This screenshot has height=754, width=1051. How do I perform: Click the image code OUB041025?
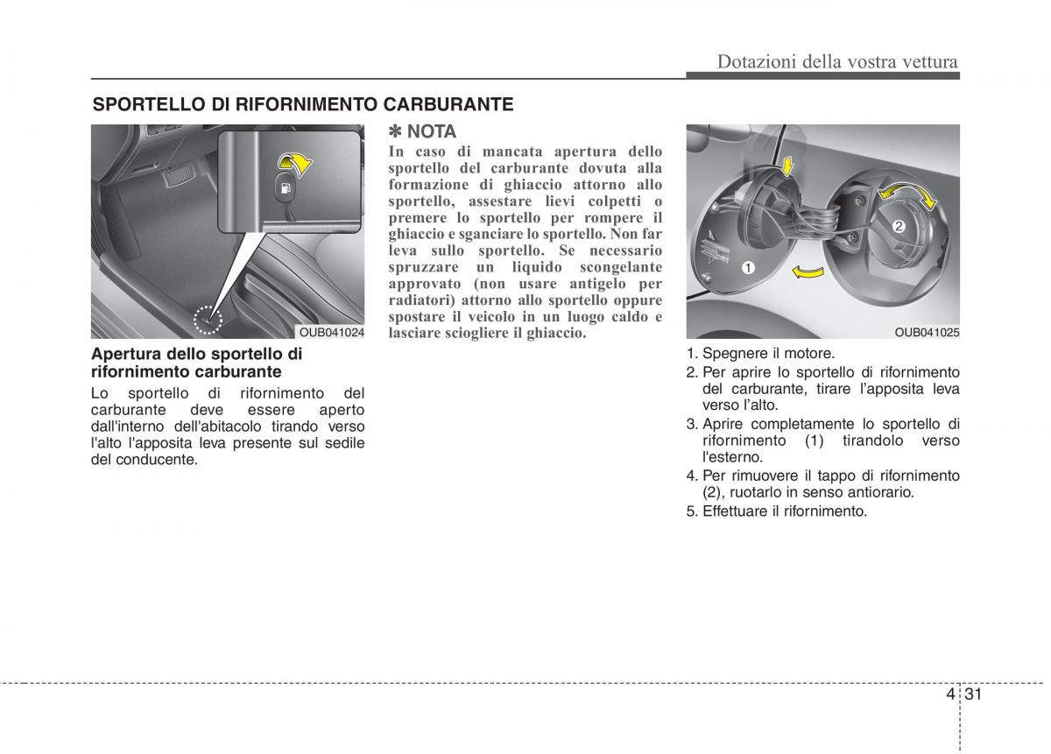coord(927,333)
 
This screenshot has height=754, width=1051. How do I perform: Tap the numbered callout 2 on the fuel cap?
coord(899,227)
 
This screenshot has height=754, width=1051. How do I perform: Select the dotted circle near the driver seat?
coord(209,321)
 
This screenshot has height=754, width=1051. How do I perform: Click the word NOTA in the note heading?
coord(432,132)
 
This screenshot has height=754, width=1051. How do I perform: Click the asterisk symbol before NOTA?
coord(395,132)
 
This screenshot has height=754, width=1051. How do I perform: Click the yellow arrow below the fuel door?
coord(808,273)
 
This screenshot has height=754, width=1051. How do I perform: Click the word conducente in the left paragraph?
coord(154,460)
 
